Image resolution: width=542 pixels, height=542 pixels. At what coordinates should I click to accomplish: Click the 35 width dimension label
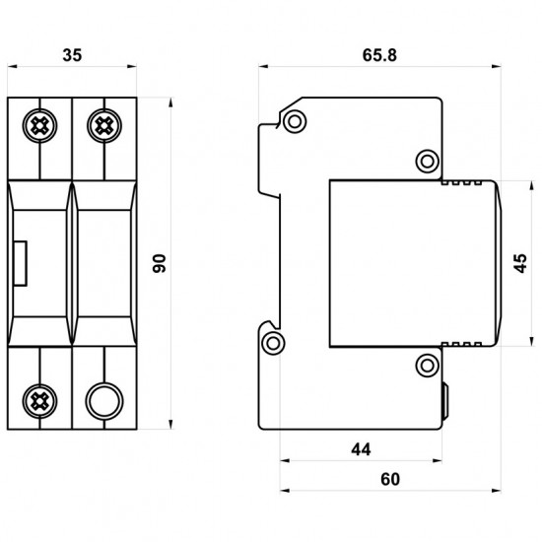point(72,55)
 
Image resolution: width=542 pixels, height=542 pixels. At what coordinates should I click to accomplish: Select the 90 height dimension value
point(160,263)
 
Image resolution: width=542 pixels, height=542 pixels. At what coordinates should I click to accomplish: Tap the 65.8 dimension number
point(379,55)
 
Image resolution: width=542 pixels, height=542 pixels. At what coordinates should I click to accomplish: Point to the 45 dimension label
point(521,263)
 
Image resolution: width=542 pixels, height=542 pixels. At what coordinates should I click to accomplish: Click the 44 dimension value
point(361,449)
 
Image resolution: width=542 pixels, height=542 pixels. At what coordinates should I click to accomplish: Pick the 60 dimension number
point(390,479)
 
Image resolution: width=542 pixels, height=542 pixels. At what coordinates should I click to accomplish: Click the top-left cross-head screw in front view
point(39,125)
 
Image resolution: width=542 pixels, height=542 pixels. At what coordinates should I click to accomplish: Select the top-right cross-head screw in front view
point(104,125)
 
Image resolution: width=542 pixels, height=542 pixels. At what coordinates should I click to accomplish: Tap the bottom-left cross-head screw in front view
point(39,401)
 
